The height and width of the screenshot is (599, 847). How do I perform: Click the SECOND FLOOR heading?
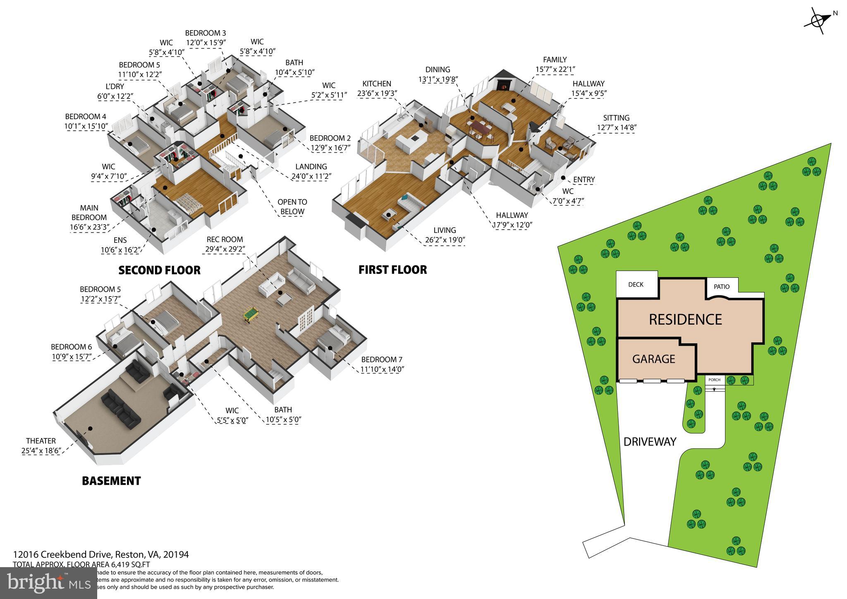pyautogui.click(x=159, y=271)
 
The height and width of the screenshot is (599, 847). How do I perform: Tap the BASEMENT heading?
pyautogui.click(x=111, y=481)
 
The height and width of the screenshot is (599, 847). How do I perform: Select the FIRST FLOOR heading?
pyautogui.click(x=392, y=270)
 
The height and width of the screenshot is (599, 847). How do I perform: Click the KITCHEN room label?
pyautogui.click(x=377, y=84)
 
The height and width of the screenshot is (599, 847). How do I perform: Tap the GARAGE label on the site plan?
pyautogui.click(x=653, y=359)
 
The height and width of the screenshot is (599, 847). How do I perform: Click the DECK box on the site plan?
pyautogui.click(x=636, y=285)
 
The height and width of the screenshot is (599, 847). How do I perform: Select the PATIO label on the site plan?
pyautogui.click(x=722, y=287)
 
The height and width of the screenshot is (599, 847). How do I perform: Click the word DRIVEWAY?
pyautogui.click(x=650, y=442)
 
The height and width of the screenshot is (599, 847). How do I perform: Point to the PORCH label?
pyautogui.click(x=714, y=380)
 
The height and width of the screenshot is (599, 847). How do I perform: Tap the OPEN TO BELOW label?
pyautogui.click(x=292, y=207)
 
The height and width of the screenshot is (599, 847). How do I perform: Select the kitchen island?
pyautogui.click(x=412, y=141)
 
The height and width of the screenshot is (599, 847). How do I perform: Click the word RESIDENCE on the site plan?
pyautogui.click(x=685, y=320)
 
